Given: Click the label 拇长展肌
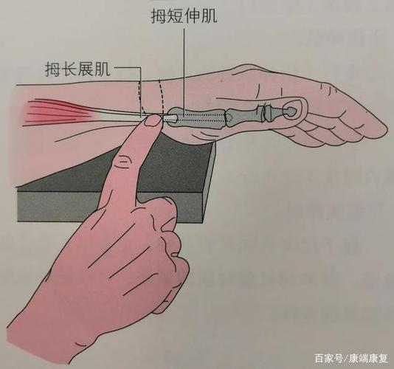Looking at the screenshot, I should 77,70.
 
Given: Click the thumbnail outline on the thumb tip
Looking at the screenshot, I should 293,109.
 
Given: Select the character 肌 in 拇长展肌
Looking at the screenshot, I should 105,70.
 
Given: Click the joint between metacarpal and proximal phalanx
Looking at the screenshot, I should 224,115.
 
